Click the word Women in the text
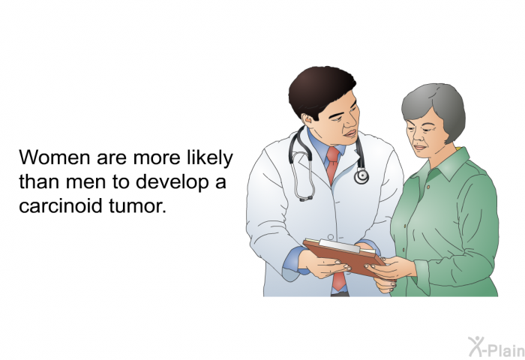55,157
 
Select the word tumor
137,205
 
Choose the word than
40,181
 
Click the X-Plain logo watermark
496,346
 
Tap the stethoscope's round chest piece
361,175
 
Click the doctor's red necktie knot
333,154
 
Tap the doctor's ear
307,119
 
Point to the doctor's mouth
351,133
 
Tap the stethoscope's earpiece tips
306,198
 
